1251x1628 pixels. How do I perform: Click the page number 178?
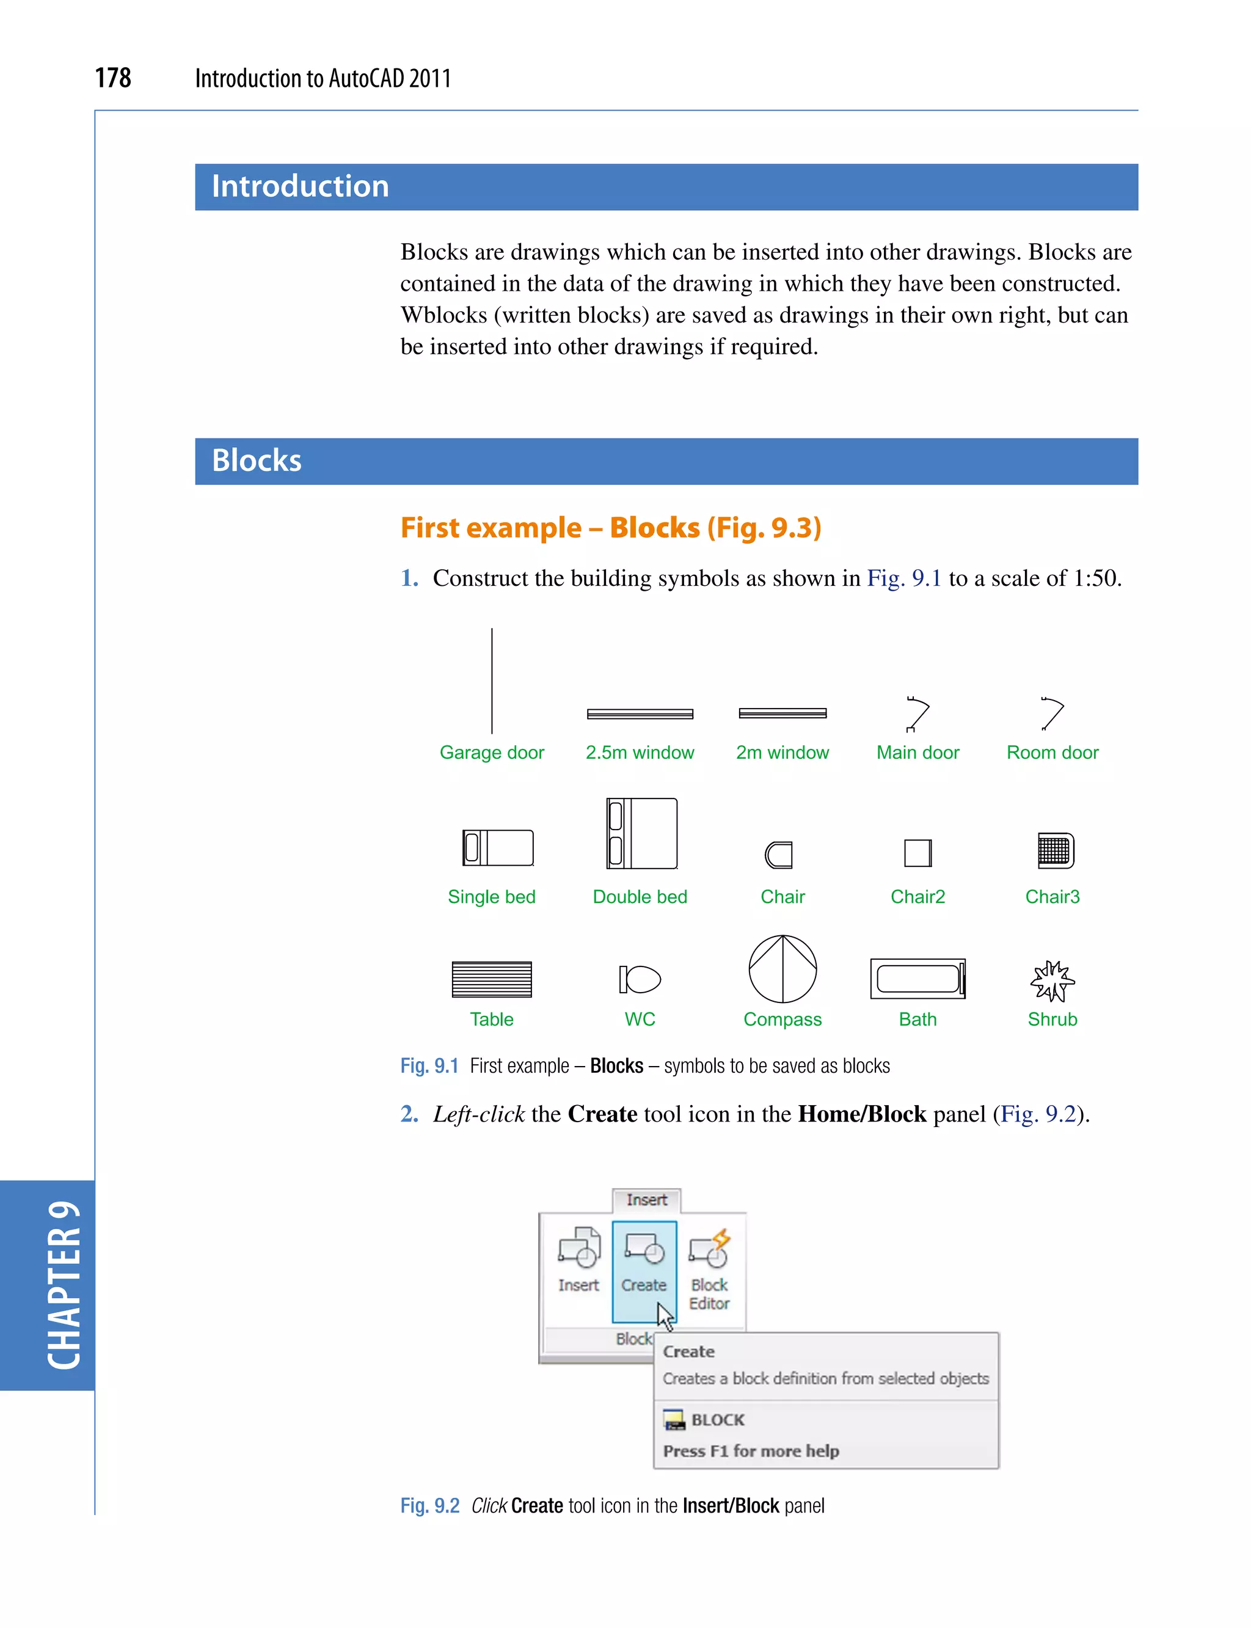click(113, 78)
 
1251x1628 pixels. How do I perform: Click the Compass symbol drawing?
click(782, 969)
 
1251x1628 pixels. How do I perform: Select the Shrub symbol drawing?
click(1052, 981)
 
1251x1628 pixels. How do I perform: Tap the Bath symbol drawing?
click(917, 979)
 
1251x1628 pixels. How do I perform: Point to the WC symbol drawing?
click(640, 979)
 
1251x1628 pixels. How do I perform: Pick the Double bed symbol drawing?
click(642, 833)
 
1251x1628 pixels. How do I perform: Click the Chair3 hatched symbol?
click(1056, 850)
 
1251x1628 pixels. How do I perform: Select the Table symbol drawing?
click(492, 979)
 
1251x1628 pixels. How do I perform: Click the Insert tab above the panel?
click(646, 1200)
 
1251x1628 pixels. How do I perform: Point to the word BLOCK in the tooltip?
click(717, 1420)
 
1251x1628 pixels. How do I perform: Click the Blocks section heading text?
click(257, 461)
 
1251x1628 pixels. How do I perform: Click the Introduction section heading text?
click(300, 186)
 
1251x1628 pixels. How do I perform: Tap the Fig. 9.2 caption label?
click(429, 1505)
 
